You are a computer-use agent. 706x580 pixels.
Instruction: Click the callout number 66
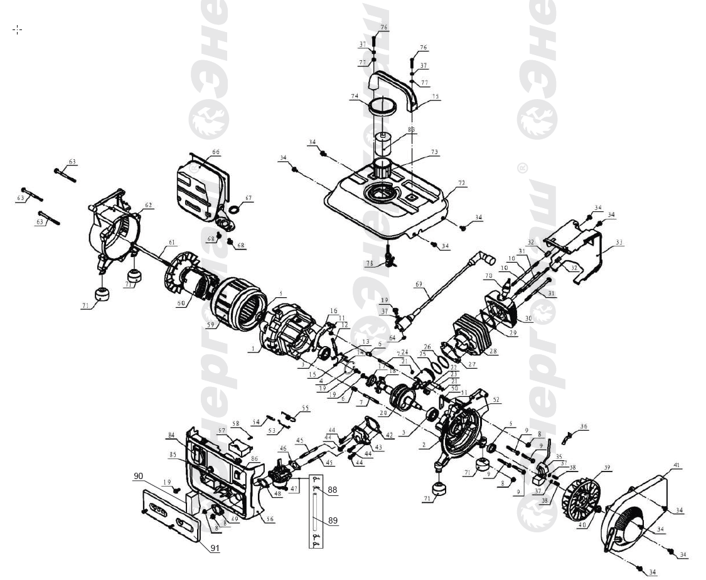(x=216, y=152)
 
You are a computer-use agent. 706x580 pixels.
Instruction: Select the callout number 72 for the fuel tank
(x=462, y=183)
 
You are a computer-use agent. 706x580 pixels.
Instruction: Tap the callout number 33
(x=619, y=242)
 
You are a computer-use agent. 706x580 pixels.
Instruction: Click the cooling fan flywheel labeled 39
(x=581, y=496)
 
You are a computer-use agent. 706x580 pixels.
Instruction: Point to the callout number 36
(x=584, y=426)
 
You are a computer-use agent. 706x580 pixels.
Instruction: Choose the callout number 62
(x=149, y=205)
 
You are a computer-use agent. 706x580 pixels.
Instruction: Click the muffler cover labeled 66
(x=201, y=185)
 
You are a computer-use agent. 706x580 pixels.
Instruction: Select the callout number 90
(x=138, y=477)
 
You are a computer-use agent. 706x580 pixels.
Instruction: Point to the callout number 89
(x=333, y=520)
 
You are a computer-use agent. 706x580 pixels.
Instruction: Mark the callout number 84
(x=171, y=435)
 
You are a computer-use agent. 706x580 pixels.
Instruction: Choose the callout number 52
(x=496, y=399)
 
